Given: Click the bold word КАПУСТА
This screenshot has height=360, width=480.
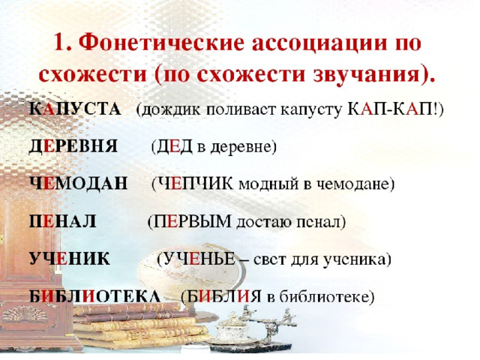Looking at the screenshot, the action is (x=75, y=109).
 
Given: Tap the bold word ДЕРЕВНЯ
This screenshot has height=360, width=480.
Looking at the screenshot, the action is (x=73, y=146).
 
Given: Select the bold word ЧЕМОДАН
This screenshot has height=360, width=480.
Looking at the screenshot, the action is (x=79, y=183).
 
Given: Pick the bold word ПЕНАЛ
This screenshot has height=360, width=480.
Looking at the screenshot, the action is (x=63, y=221).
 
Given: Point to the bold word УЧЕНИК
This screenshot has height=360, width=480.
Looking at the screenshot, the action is (x=70, y=259).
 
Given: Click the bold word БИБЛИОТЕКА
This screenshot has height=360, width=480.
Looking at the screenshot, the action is (x=95, y=296).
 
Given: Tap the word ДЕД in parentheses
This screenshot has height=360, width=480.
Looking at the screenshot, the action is (x=174, y=147).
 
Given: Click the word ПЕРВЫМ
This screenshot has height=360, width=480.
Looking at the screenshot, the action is (x=192, y=221).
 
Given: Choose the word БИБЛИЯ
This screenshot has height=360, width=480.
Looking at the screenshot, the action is (x=223, y=296).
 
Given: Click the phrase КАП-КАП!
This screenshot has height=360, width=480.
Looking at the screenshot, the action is (x=393, y=109).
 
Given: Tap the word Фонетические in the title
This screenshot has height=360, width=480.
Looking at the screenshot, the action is (x=162, y=43).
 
